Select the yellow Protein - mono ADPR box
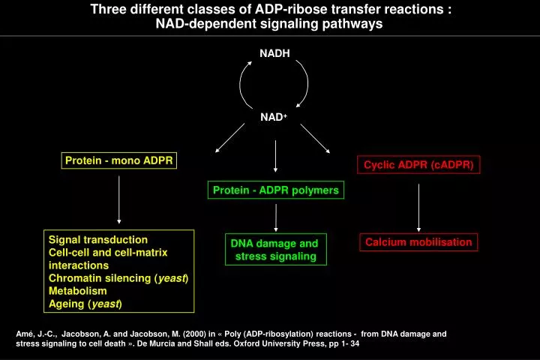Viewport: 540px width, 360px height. [x=119, y=160]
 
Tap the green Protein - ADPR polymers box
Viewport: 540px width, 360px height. [x=275, y=190]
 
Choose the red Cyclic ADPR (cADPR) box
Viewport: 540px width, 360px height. [x=419, y=165]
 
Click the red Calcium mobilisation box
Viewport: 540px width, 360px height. [x=418, y=241]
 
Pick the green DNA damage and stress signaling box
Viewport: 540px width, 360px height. [x=274, y=250]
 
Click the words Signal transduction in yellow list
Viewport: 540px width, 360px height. [x=98, y=240]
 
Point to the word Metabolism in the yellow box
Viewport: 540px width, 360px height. [x=78, y=290]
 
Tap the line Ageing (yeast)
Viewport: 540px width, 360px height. [x=85, y=303]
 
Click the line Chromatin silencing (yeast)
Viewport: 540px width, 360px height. [x=118, y=278]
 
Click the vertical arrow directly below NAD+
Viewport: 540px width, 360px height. [x=276, y=156]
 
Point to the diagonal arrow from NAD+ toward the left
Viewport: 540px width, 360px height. [x=229, y=138]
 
